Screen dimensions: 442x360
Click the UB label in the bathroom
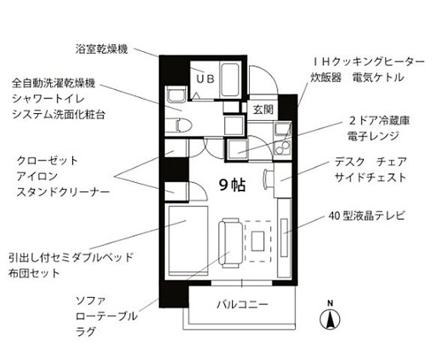coord(205,79)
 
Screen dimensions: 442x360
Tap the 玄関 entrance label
coord(263,109)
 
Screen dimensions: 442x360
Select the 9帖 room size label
coord(233,185)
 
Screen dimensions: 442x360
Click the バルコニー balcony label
coord(242,304)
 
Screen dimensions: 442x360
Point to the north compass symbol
coord(329,316)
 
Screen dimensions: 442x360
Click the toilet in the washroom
coord(179,125)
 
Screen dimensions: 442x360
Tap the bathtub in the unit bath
coord(230,80)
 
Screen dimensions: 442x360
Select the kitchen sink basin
coord(282,130)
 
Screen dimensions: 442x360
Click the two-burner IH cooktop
coord(282,148)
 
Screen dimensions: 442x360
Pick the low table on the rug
coord(257,241)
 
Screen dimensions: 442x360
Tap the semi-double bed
coord(188,241)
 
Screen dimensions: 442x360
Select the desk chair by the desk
coord(266,178)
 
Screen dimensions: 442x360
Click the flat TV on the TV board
coord(284,237)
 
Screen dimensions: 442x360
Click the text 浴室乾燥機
coord(101,49)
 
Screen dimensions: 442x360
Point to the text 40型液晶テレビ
coord(367,216)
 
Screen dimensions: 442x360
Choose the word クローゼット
coord(47,160)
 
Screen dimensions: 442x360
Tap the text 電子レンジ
coord(374,136)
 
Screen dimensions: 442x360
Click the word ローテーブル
coord(107,316)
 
